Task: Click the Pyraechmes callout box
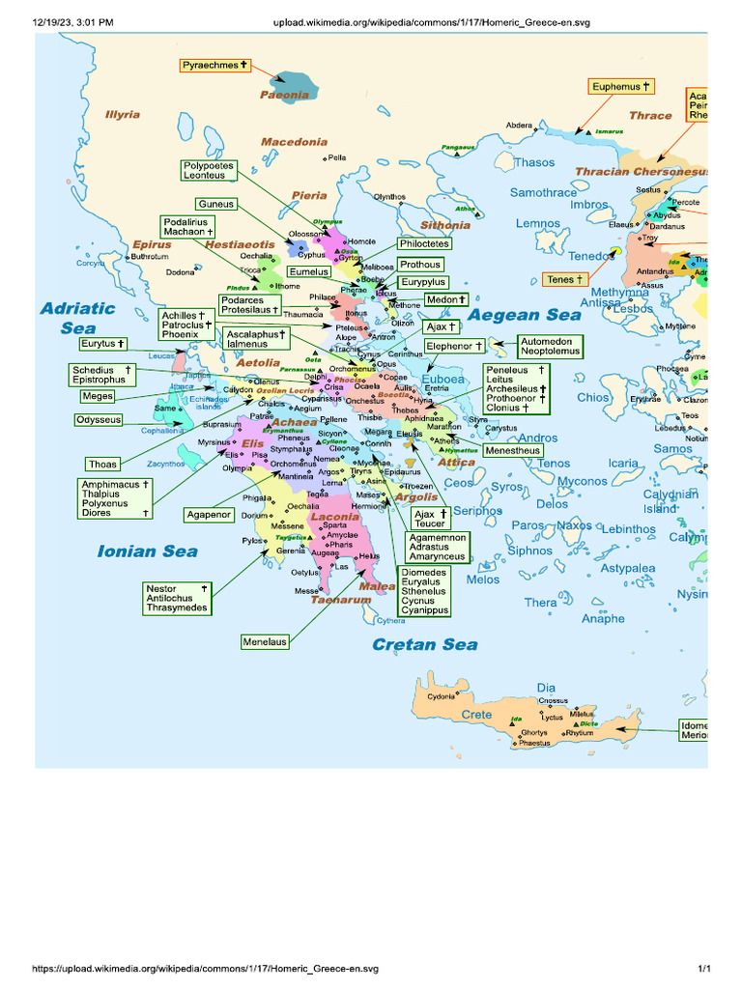coord(214,66)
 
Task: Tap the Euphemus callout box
coord(622,87)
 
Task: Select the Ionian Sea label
coord(147,551)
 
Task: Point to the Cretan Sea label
coord(425,644)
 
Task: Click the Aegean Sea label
coord(525,315)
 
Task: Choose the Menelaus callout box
coord(266,640)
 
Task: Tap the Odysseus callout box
coord(100,420)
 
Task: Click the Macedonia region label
coord(294,142)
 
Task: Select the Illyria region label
coord(123,115)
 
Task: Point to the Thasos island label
coord(534,163)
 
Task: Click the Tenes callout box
coord(565,279)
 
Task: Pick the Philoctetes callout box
coord(424,244)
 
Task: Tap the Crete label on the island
coord(476,715)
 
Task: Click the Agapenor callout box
coord(210,515)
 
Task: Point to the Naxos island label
coord(574,525)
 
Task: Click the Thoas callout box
coord(102,464)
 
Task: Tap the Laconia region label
coord(334,518)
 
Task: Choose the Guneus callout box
coord(215,205)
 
